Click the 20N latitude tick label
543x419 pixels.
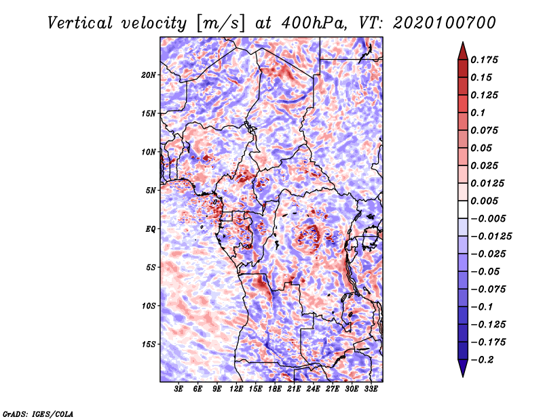149,75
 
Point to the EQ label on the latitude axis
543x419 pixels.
150,229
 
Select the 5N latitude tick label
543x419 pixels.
151,191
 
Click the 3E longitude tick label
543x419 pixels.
179,388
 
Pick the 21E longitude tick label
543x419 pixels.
294,388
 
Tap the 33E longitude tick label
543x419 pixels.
371,388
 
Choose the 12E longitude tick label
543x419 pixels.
236,388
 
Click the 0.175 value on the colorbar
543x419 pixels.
484,60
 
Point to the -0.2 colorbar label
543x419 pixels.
482,360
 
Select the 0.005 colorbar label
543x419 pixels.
484,201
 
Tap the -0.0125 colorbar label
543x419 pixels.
491,237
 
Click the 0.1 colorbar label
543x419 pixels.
478,113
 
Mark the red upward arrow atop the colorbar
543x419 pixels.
463,51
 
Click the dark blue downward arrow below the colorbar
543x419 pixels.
463,368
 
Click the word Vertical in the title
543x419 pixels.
79,23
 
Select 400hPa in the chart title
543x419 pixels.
314,23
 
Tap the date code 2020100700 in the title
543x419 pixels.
445,23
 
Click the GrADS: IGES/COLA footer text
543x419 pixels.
38,414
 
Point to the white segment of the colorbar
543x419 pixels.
463,209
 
